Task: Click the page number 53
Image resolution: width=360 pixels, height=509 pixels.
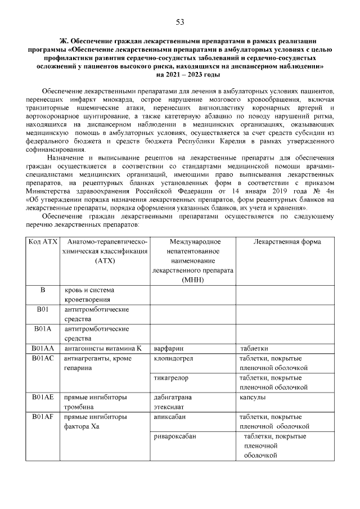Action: tap(180, 22)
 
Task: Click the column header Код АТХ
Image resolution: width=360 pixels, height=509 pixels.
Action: tap(43, 242)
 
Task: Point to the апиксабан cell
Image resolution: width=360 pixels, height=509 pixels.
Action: tap(169, 417)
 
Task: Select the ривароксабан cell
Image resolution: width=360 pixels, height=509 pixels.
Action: tap(175, 436)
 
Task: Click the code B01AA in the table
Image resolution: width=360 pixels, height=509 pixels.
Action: tap(43, 348)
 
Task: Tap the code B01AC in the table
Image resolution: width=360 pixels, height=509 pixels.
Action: tap(43, 358)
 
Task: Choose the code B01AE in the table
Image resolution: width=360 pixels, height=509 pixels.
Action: tap(43, 398)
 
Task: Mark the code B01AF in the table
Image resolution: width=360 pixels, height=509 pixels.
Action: tap(43, 417)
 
